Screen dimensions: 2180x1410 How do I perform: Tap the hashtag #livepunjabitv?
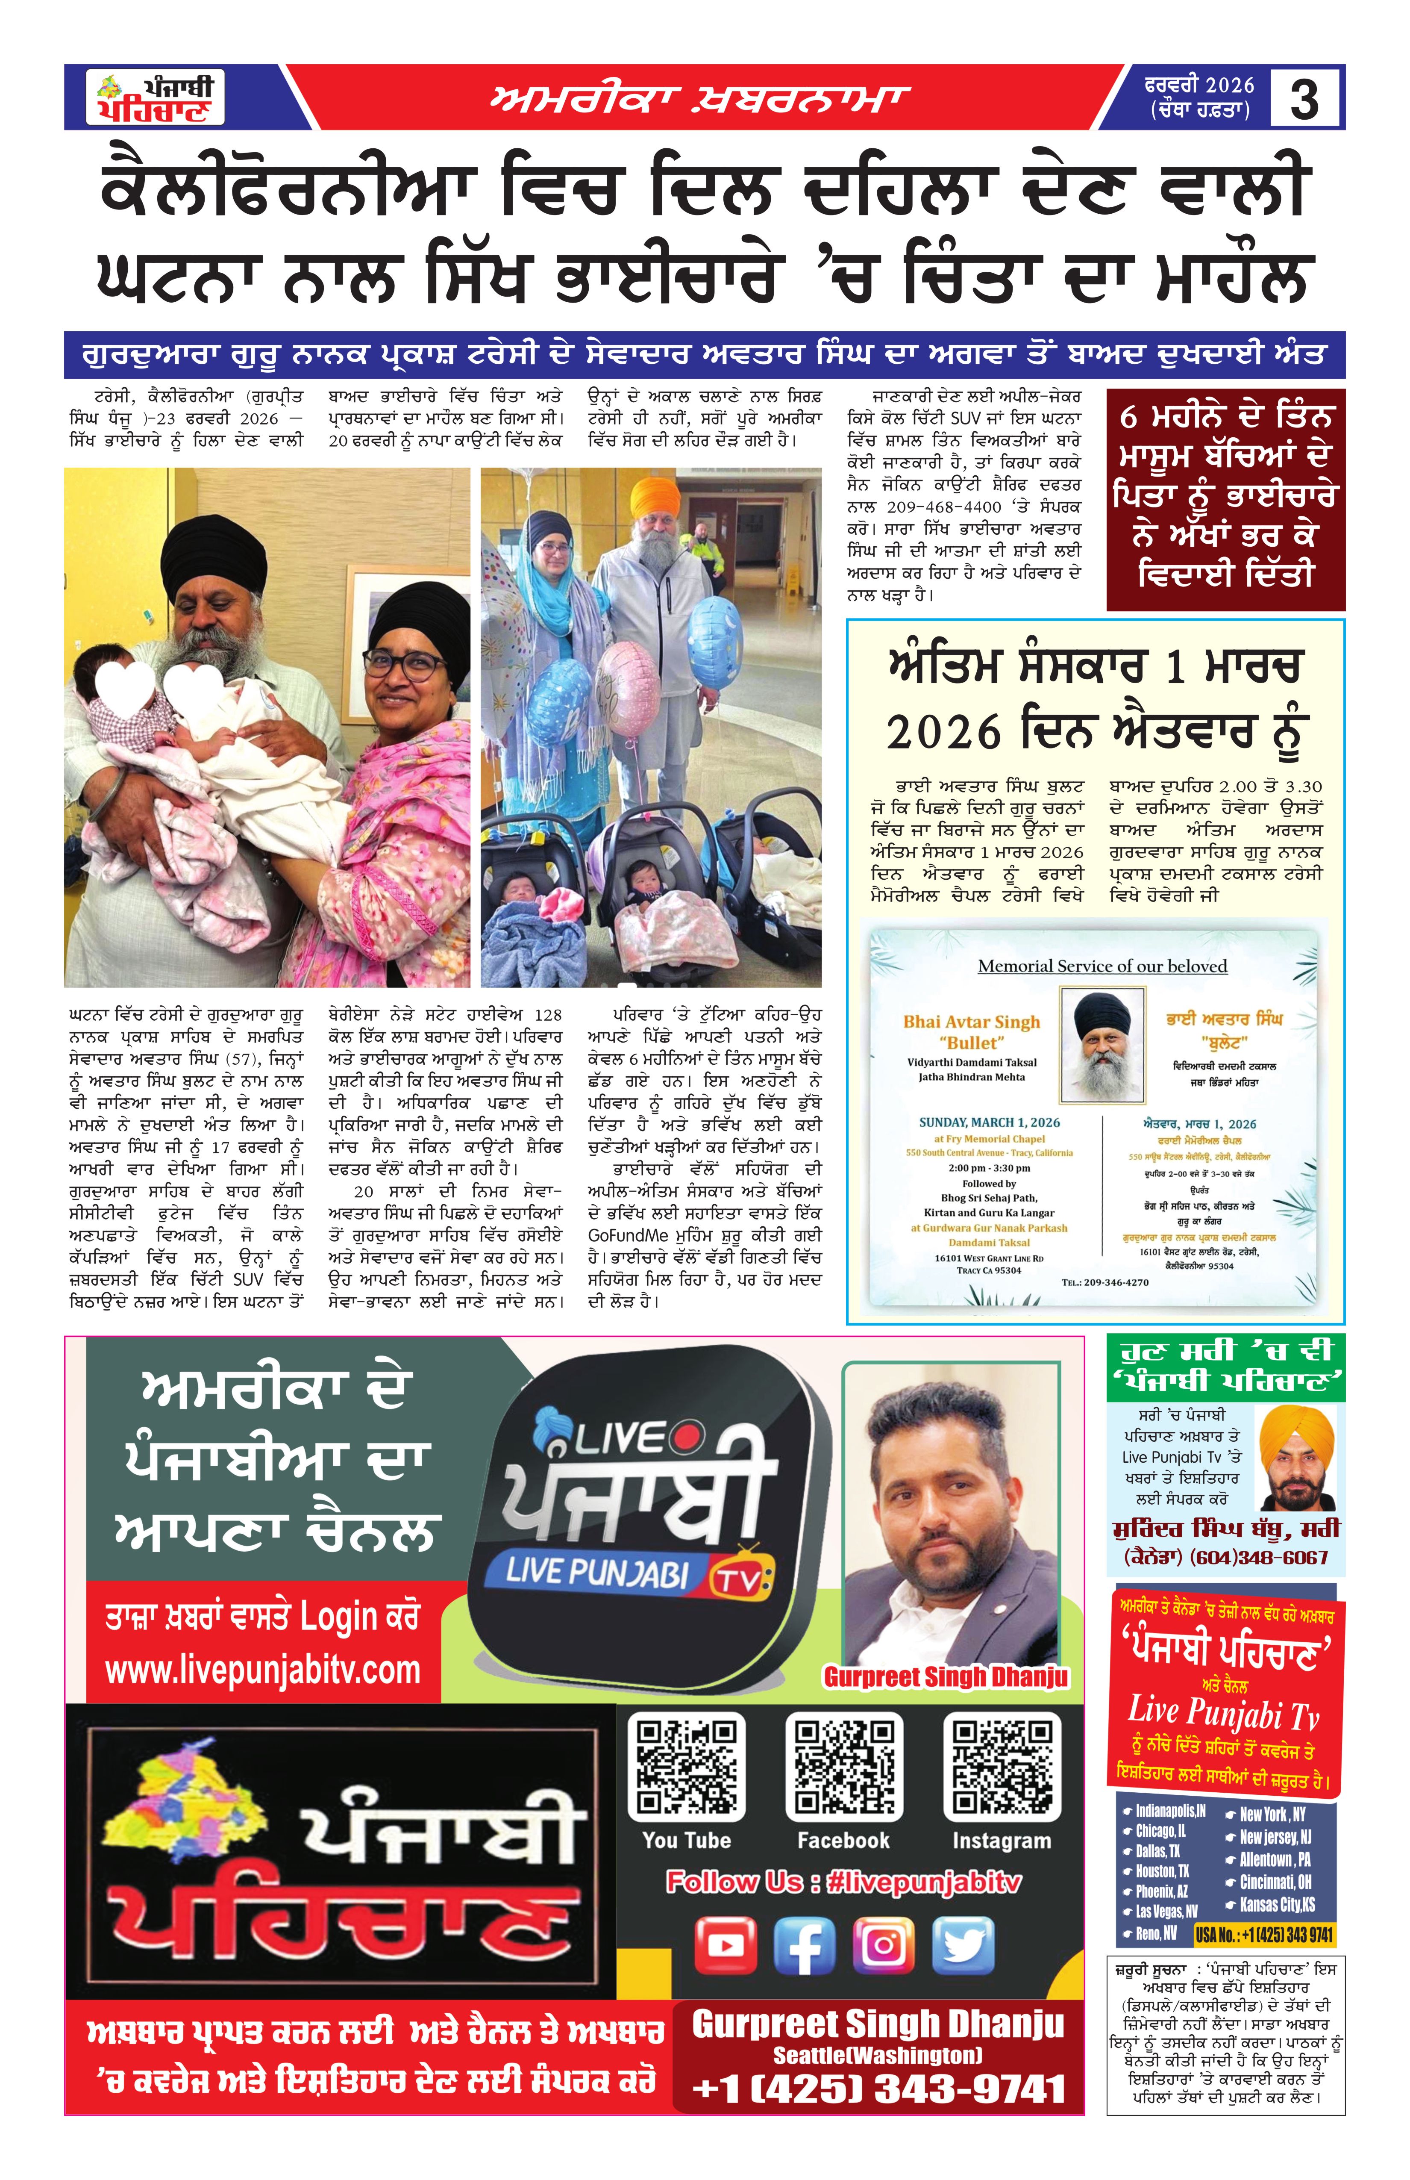point(923,1881)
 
